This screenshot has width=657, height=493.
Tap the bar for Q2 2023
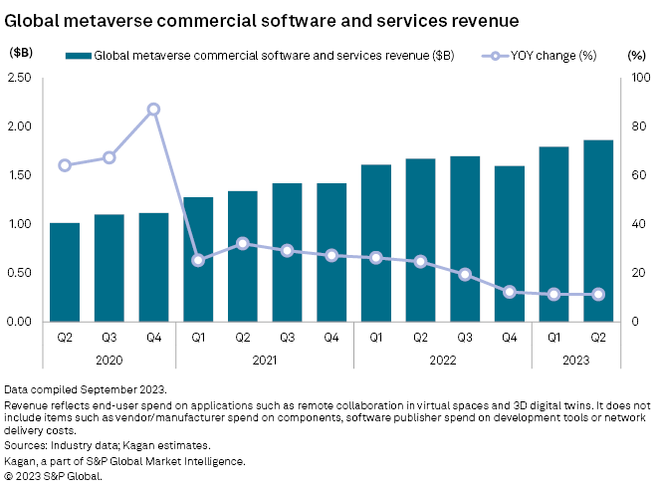pyautogui.click(x=598, y=230)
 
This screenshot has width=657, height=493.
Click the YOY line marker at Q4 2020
pyautogui.click(x=153, y=110)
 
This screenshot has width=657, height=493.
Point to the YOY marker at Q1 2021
pyautogui.click(x=198, y=260)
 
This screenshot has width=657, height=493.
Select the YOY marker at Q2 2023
pyautogui.click(x=598, y=294)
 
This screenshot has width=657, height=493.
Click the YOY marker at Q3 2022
pyautogui.click(x=465, y=274)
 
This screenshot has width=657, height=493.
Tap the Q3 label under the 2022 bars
pyautogui.click(x=465, y=337)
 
